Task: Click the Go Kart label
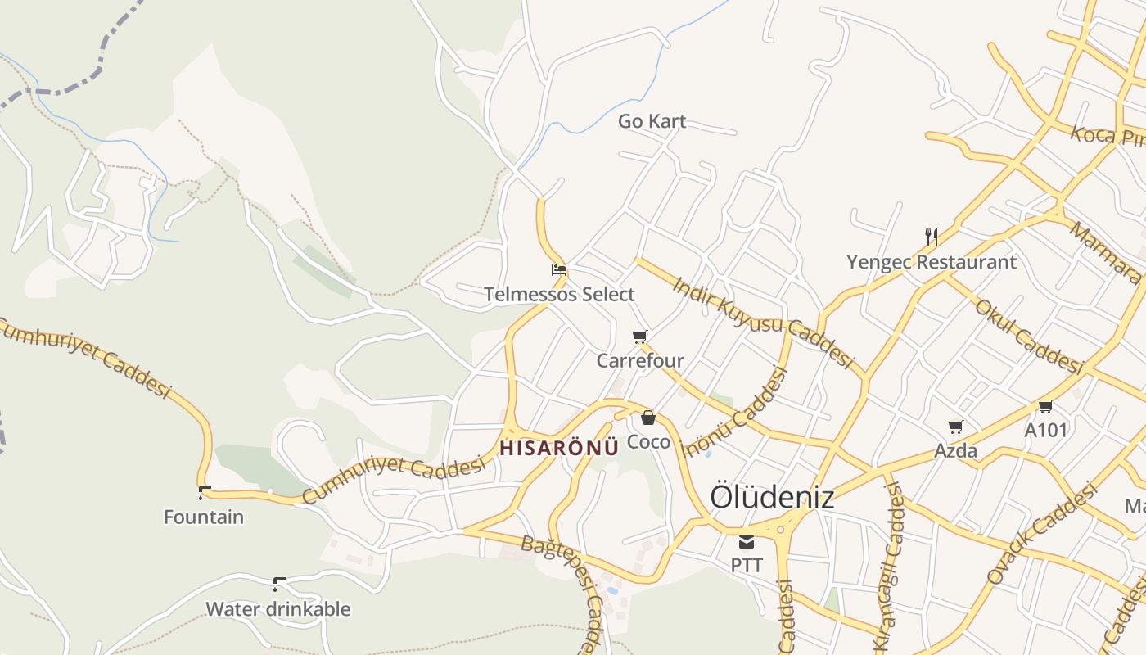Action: [652, 121]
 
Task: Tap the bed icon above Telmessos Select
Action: [559, 269]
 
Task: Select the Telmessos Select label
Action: [559, 294]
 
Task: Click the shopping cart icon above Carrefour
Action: [640, 337]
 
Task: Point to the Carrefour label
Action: [640, 360]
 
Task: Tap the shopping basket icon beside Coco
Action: [648, 418]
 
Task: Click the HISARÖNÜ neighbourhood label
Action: [559, 449]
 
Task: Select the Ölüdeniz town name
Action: [772, 497]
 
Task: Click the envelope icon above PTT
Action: [747, 541]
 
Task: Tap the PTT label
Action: [747, 565]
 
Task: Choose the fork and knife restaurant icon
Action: [932, 237]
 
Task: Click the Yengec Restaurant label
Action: [932, 262]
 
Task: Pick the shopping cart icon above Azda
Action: [955, 427]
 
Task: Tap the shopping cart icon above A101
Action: [1045, 406]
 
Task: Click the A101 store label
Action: [1046, 429]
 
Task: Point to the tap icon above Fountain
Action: [204, 492]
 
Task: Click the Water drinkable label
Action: [278, 609]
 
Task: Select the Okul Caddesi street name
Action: [1028, 336]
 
